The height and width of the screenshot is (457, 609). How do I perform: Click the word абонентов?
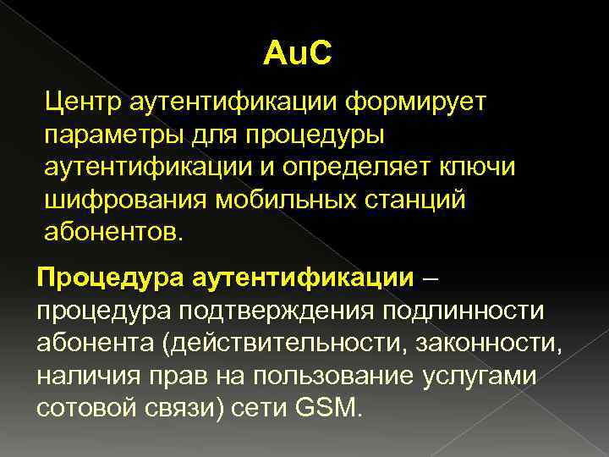tap(112, 231)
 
